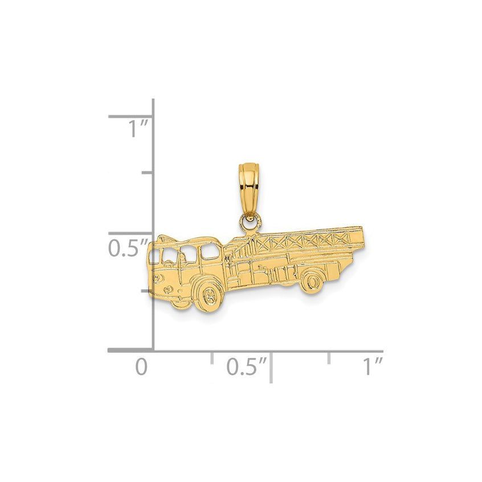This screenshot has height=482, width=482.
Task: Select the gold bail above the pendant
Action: [248, 191]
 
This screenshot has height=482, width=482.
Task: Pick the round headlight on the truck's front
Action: [158, 279]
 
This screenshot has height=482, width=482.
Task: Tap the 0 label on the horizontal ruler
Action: [141, 367]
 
